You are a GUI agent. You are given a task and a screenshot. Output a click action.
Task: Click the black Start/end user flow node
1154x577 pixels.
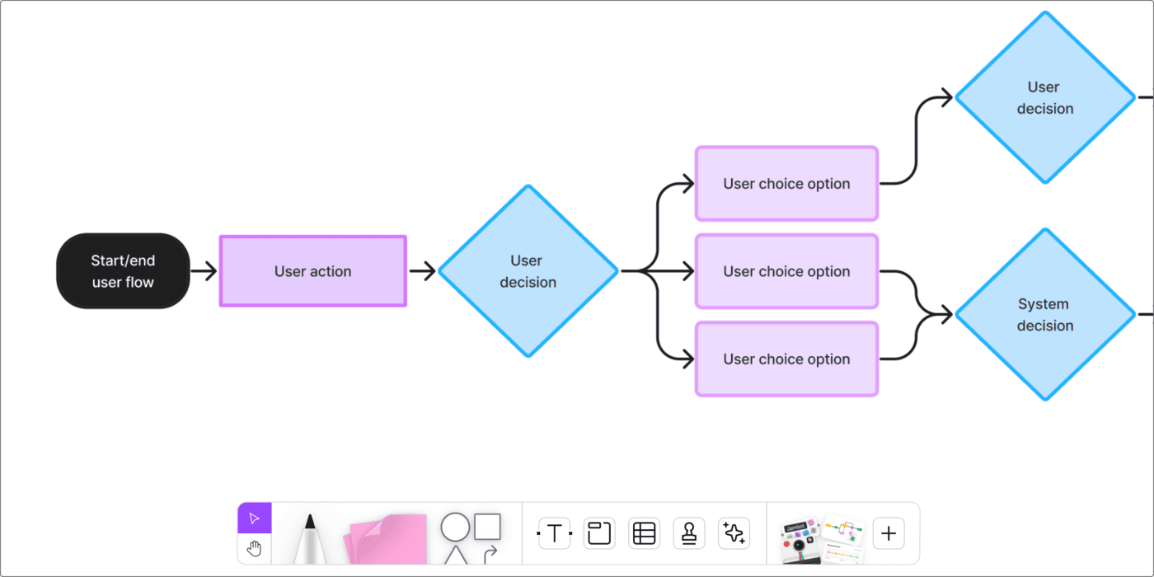click(123, 271)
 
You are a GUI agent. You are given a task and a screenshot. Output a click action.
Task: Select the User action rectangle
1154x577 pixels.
click(312, 271)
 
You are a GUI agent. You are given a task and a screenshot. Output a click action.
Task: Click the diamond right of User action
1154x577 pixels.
click(528, 271)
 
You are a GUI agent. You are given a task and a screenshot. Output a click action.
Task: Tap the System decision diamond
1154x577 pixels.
click(1044, 315)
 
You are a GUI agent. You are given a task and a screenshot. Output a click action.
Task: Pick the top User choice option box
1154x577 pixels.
click(786, 184)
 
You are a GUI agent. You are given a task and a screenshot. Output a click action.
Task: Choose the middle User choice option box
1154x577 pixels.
click(786, 271)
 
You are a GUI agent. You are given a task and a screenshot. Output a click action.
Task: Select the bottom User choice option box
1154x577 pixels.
click(786, 359)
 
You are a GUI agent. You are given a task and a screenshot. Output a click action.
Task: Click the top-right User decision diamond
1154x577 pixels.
click(1044, 97)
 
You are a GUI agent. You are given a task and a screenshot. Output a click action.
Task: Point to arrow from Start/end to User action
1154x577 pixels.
click(204, 270)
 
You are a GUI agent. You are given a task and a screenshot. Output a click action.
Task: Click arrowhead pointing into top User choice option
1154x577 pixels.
click(686, 184)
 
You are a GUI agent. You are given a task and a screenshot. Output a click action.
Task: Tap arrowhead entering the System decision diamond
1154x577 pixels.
click(945, 314)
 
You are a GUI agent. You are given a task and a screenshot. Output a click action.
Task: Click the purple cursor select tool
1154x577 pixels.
click(254, 518)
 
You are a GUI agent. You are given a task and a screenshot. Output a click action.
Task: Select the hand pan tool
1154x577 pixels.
click(254, 548)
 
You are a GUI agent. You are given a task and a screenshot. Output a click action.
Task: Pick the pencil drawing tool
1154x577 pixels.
click(309, 540)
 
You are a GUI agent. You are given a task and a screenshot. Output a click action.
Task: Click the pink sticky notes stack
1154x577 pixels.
click(387, 540)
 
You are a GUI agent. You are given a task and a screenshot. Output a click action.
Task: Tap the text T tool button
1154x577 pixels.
click(555, 533)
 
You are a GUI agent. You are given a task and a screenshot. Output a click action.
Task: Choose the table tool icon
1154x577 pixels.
click(644, 533)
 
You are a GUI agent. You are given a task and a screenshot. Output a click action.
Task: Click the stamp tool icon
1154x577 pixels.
click(689, 533)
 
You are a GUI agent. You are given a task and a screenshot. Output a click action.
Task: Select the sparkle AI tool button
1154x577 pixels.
click(734, 533)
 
